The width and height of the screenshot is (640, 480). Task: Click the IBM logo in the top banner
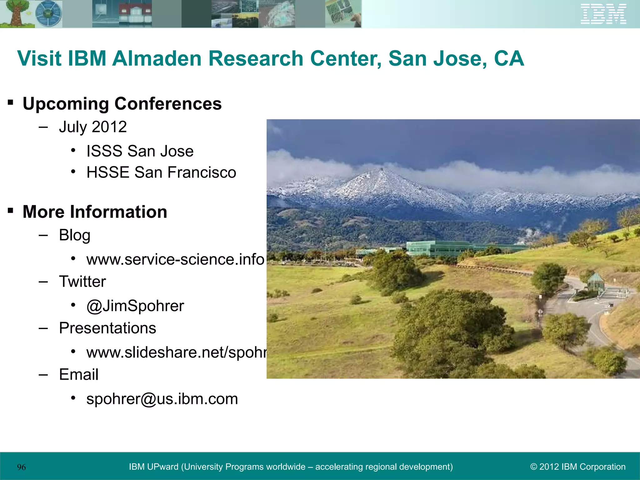click(603, 14)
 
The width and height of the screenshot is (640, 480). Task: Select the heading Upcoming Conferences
click(122, 104)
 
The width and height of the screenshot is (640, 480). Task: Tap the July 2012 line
click(93, 127)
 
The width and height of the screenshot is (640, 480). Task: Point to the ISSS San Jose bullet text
click(140, 151)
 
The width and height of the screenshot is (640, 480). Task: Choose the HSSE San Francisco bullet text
click(161, 172)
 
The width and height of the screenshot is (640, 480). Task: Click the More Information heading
click(95, 212)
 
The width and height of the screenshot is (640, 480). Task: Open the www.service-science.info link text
click(175, 259)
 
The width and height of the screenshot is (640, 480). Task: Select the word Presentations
click(107, 328)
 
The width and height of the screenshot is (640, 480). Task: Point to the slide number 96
click(22, 467)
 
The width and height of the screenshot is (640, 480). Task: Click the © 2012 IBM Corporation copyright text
click(578, 467)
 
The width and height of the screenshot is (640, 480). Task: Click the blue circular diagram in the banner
click(48, 14)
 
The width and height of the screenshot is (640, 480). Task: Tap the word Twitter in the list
click(82, 282)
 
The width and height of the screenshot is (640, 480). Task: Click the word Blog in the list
click(75, 235)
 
